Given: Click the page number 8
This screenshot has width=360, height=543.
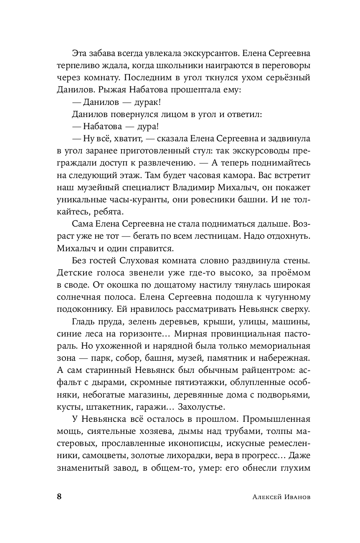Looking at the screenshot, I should point(59,497).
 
